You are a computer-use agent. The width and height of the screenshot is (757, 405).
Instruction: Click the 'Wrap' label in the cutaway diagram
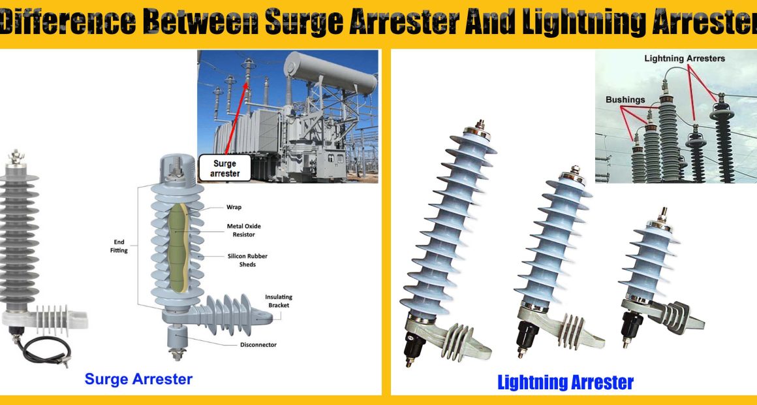pyautogui.click(x=234, y=207)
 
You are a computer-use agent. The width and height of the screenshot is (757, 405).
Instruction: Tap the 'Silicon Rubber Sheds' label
pyautogui.click(x=247, y=260)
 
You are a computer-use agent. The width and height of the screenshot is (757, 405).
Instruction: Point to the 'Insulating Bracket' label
pyautogui.click(x=279, y=301)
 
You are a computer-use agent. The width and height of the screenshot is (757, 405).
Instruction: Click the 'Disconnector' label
pyautogui.click(x=258, y=345)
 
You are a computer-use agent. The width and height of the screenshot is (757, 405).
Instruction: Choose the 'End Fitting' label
pyautogui.click(x=119, y=246)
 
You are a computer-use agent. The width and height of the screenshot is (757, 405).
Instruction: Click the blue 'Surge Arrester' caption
pyautogui.click(x=138, y=379)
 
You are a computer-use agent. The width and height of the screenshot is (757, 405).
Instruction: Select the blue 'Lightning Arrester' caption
pyautogui.click(x=565, y=382)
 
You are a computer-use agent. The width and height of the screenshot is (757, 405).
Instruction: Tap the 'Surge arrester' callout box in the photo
pyautogui.click(x=225, y=168)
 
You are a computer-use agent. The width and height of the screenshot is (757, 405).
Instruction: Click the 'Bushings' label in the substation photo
pyautogui.click(x=625, y=99)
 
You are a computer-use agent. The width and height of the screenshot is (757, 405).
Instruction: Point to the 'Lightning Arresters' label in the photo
pyautogui.click(x=685, y=59)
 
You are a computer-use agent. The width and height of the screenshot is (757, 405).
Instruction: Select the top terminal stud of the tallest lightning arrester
pyautogui.click(x=480, y=125)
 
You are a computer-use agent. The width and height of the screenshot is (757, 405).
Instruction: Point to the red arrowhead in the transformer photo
pyautogui.click(x=246, y=86)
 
